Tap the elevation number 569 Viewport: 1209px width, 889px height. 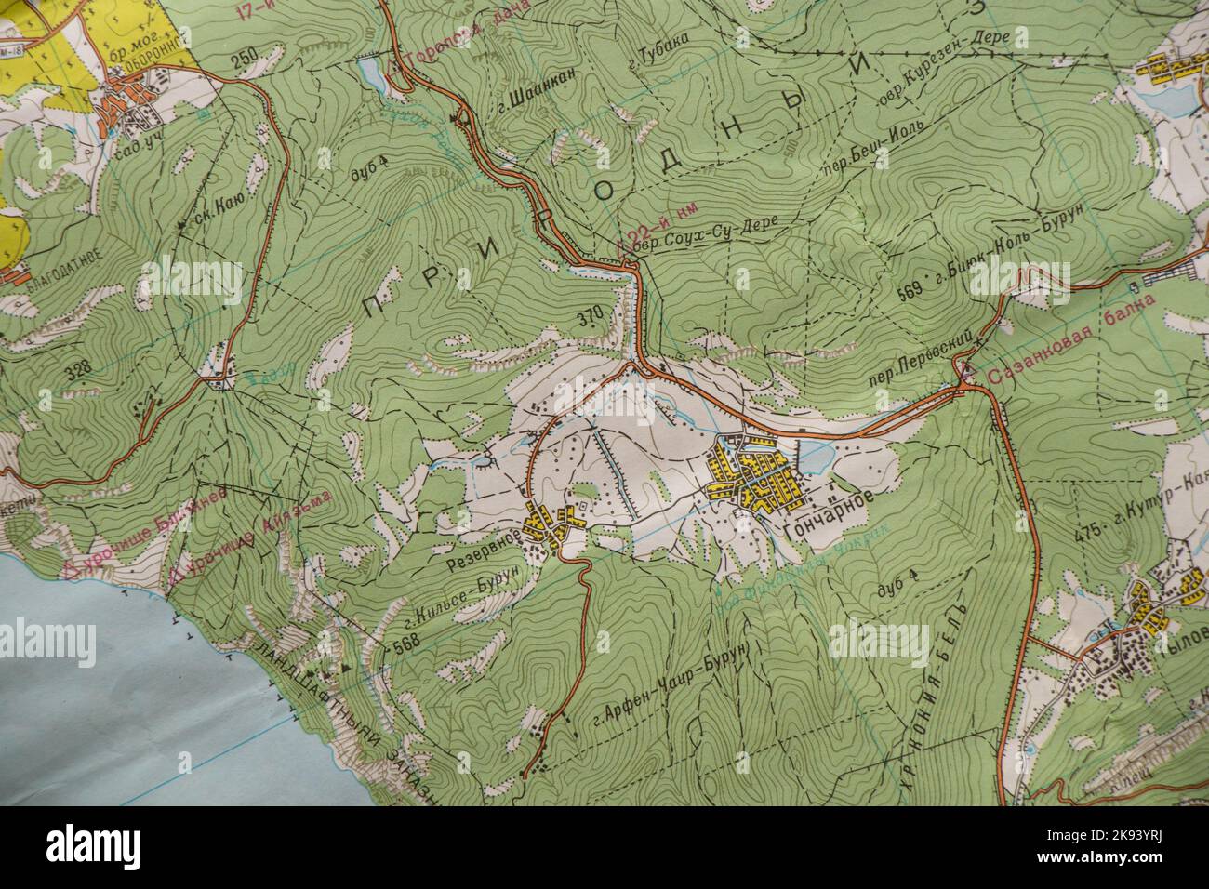coord(911,290)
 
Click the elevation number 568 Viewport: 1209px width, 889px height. coord(407,644)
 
